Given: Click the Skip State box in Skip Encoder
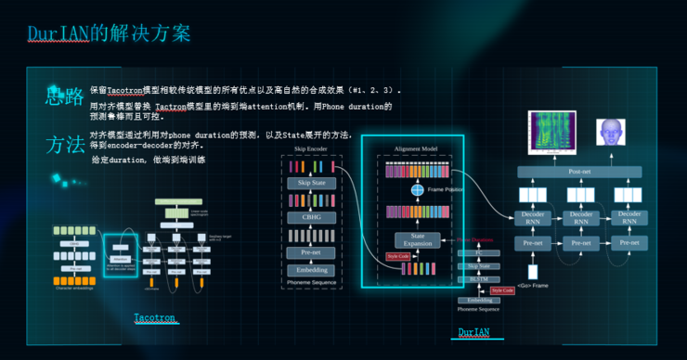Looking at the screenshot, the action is click(x=311, y=183).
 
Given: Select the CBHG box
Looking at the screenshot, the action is click(x=311, y=218).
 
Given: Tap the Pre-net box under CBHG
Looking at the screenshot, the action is click(x=311, y=251).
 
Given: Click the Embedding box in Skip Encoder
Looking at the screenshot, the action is click(x=311, y=270).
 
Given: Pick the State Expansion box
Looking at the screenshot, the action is click(x=417, y=239).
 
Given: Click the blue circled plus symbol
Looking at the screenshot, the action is click(x=418, y=189).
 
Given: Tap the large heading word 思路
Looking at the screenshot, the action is click(x=64, y=96).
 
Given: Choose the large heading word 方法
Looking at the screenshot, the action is click(x=64, y=144).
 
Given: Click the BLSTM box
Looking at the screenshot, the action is click(x=478, y=278).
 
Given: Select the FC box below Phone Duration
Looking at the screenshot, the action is click(x=478, y=253).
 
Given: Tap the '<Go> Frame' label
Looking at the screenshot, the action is click(x=532, y=285).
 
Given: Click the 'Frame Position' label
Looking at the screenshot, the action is click(x=447, y=189).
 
